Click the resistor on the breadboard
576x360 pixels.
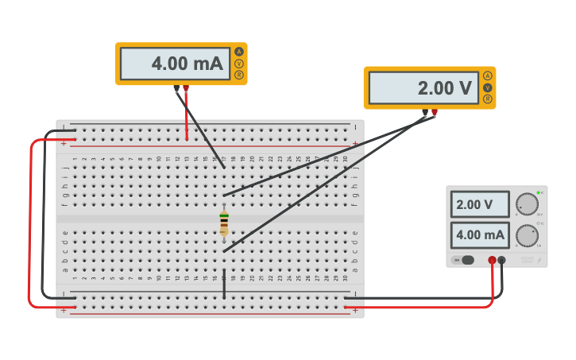tap(224, 223)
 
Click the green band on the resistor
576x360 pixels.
tap(224, 215)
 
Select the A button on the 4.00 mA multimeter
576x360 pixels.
tap(238, 52)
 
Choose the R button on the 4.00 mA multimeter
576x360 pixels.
tap(238, 75)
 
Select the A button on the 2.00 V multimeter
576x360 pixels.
tap(487, 75)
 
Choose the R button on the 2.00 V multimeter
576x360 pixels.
tap(487, 99)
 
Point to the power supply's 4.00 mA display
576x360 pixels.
tap(480, 234)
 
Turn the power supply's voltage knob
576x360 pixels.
tap(526, 204)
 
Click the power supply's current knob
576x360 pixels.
tap(526, 235)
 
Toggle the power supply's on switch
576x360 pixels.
tap(465, 260)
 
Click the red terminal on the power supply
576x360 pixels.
tap(493, 260)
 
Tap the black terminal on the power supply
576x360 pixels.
tap(502, 260)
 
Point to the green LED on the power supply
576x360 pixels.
tap(538, 192)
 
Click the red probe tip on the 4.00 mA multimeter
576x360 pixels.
tap(186, 88)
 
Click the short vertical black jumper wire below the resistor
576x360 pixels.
tap(224, 284)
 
